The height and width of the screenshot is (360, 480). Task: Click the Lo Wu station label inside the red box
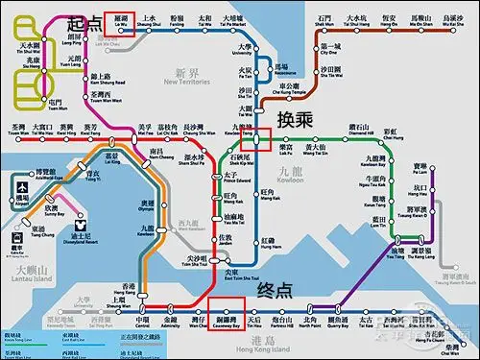[119, 20]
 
